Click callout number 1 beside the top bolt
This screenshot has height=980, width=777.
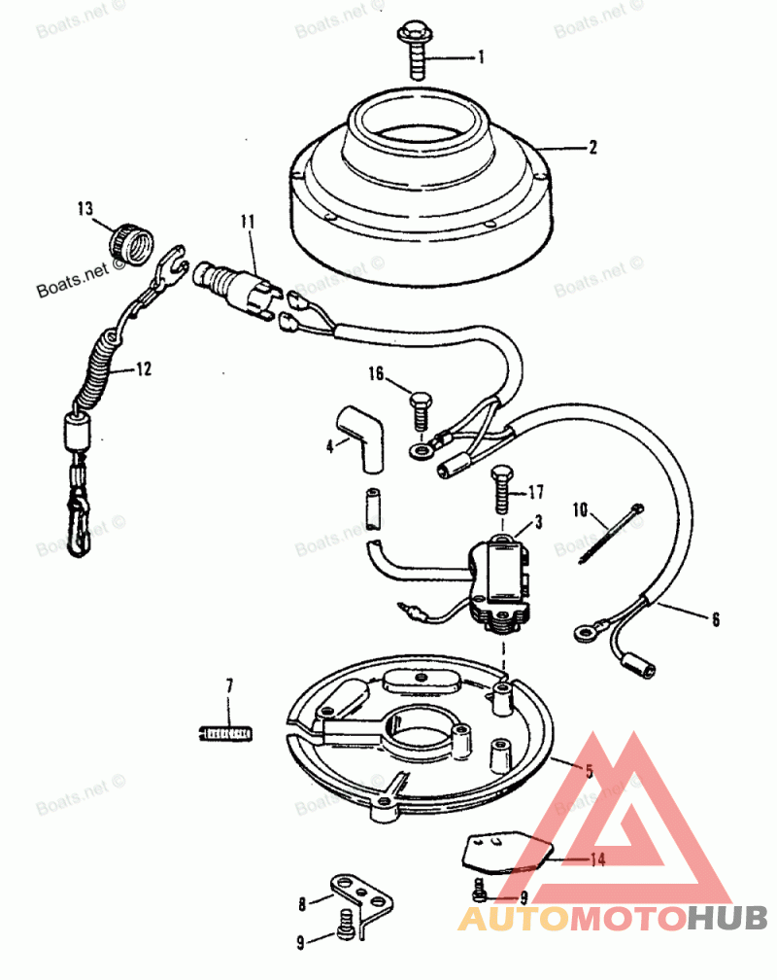[x=479, y=58]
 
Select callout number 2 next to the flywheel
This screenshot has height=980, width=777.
[x=591, y=149]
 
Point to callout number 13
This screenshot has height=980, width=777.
[x=86, y=208]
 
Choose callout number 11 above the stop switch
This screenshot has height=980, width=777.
[x=248, y=223]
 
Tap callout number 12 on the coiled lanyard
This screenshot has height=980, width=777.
[x=143, y=369]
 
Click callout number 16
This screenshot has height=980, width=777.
[x=376, y=373]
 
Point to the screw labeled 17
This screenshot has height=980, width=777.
[x=501, y=488]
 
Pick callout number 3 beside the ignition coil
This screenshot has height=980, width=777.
[x=537, y=521]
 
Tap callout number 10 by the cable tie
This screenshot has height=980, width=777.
[x=580, y=508]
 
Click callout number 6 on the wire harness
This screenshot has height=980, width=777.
[x=716, y=618]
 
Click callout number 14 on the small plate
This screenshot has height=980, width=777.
[x=597, y=859]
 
